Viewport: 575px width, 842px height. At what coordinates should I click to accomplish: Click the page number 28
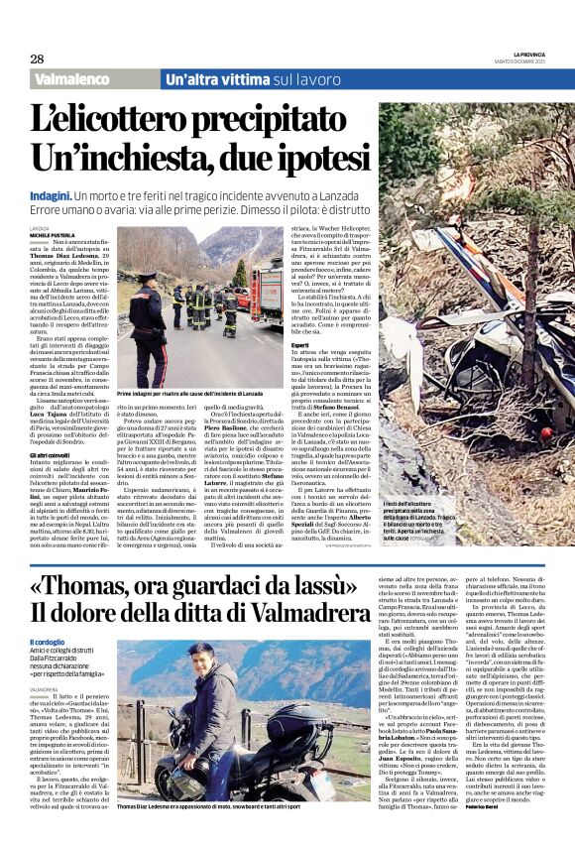[36, 59]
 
